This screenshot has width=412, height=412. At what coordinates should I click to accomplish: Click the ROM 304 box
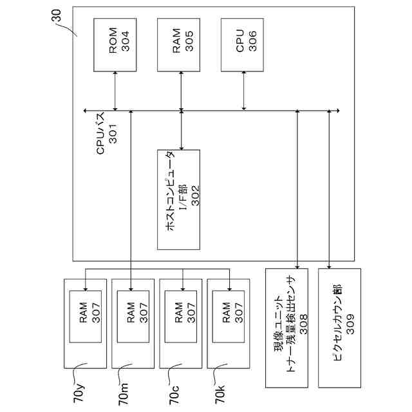(x=115, y=45)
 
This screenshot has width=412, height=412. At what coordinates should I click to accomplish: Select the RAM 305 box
(x=179, y=45)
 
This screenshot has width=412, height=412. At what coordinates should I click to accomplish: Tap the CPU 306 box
(x=242, y=45)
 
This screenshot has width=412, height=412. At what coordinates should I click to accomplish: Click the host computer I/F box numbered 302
(x=179, y=200)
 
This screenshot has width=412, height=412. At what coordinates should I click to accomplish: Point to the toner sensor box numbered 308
(x=286, y=328)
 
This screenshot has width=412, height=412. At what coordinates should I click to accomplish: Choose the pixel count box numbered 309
(x=339, y=328)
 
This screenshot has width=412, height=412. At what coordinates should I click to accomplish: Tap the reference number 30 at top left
(x=56, y=15)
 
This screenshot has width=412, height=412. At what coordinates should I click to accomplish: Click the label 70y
(x=79, y=393)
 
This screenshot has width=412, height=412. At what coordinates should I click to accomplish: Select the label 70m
(x=123, y=394)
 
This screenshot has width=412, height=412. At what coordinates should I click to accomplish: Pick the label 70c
(x=174, y=395)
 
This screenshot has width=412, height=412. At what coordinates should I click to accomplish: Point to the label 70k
(x=220, y=394)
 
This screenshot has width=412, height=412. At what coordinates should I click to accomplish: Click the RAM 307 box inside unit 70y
(x=86, y=317)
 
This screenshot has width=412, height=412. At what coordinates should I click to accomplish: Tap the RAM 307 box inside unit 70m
(x=133, y=317)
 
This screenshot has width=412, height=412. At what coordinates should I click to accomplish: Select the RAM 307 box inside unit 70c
(x=181, y=317)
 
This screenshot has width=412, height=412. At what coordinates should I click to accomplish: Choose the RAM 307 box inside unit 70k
(x=229, y=317)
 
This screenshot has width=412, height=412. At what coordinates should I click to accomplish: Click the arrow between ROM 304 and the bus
(x=115, y=91)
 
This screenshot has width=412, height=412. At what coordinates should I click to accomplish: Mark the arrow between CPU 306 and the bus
(x=244, y=91)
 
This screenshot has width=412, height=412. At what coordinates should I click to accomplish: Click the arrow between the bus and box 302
(x=182, y=130)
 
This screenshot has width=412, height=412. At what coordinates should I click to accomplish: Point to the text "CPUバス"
(x=100, y=133)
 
